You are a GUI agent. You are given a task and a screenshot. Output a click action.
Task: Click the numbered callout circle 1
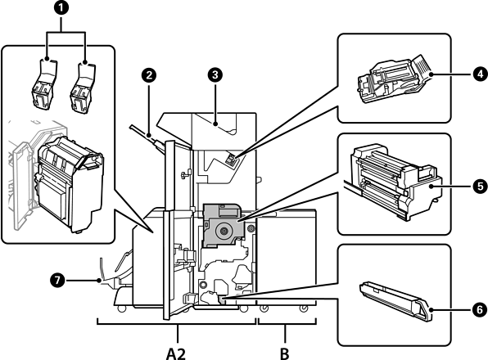click(61, 8)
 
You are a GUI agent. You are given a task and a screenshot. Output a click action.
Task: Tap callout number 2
click(149, 75)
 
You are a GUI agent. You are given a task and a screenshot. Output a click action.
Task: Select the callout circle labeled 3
click(215, 74)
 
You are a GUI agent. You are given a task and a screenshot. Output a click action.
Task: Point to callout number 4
click(480, 74)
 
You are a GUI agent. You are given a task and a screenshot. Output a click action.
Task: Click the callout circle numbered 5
click(480, 187)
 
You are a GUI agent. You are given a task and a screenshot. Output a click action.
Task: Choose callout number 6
click(480, 310)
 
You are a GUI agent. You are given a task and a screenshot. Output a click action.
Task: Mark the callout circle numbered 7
click(57, 281)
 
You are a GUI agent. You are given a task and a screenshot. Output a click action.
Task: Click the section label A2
click(176, 353)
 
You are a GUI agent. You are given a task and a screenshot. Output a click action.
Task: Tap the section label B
click(284, 353)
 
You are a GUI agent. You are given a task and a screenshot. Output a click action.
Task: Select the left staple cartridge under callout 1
click(44, 84)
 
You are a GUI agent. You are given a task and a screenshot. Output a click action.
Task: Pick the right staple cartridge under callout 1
click(83, 88)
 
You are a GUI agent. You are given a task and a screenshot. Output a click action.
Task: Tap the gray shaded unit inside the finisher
click(222, 226)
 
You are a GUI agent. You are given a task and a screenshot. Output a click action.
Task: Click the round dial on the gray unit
click(224, 231)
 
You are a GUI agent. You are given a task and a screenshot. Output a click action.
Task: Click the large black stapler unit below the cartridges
click(69, 183)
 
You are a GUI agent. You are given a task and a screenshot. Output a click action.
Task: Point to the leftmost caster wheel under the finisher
click(121, 309)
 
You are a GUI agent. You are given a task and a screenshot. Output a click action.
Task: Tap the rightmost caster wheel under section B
click(303, 308)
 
